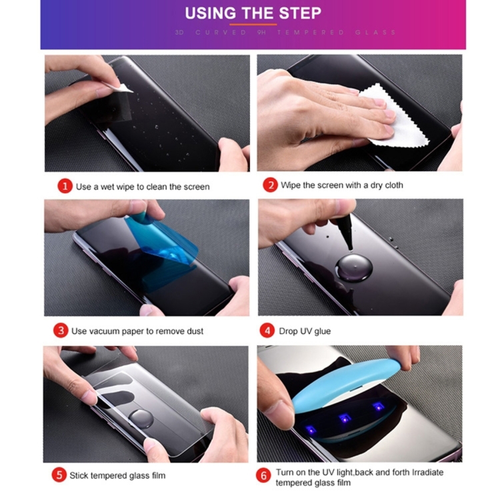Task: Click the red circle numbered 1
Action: [x=64, y=187]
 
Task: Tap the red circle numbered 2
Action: [x=270, y=185]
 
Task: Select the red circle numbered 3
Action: [x=61, y=331]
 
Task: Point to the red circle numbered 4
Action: [x=268, y=331]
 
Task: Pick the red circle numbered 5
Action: [x=60, y=475]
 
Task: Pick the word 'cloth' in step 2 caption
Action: [x=391, y=185]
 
